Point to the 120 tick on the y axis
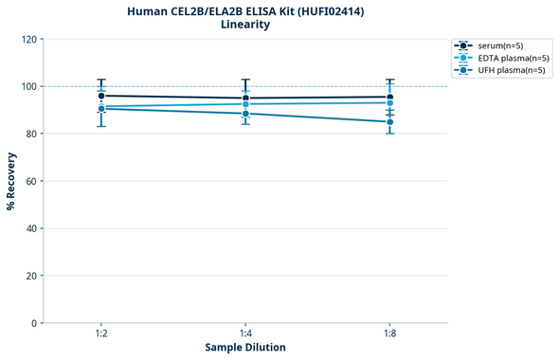[x=30, y=39]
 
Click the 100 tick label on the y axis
[x=30, y=86]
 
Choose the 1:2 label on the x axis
[x=101, y=334]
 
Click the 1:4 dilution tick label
[x=245, y=334]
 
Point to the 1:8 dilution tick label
[x=390, y=334]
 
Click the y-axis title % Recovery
[x=11, y=181]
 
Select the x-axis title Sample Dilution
[x=245, y=348]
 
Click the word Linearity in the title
[x=244, y=25]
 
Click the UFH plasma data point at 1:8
[x=390, y=122]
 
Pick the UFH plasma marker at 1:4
[x=245, y=114]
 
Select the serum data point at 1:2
[x=101, y=96]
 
